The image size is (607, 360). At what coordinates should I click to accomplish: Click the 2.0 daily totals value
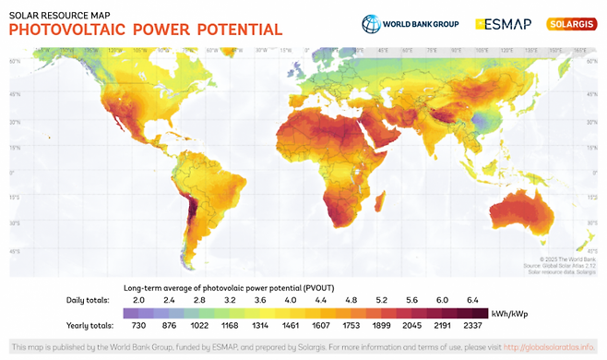pyautogui.click(x=139, y=300)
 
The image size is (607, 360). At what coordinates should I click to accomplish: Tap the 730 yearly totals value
pyautogui.click(x=139, y=326)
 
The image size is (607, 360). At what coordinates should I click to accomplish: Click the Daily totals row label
pyautogui.click(x=88, y=300)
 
